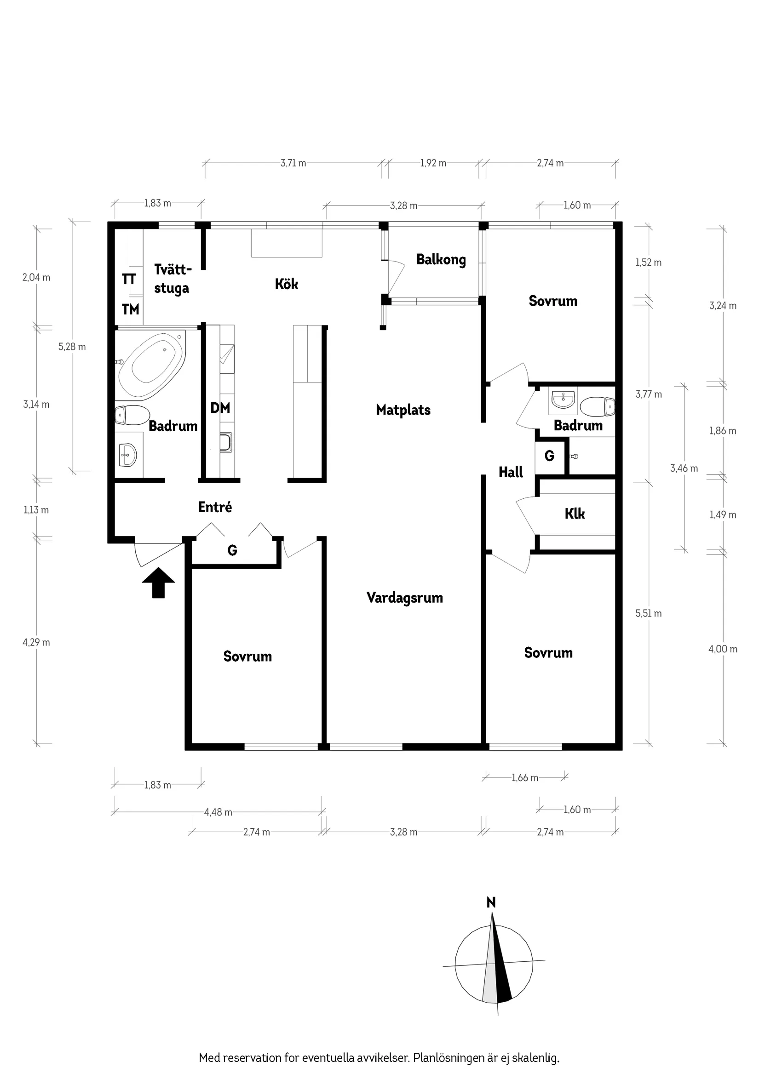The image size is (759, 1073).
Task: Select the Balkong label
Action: tap(441, 260)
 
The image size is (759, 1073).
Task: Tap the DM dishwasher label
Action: tap(220, 408)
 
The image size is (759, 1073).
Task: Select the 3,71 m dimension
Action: tap(293, 163)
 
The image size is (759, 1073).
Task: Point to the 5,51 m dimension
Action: tap(649, 613)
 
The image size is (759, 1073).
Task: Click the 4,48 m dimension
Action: tap(218, 812)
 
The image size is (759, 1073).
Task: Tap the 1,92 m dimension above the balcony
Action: tap(433, 163)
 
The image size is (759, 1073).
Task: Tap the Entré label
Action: tap(215, 507)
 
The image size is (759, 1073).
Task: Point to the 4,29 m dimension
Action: tap(36, 642)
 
